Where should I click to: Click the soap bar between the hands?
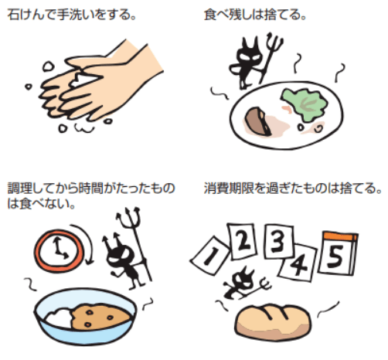(81, 80)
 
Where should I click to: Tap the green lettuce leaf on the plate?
(305, 104)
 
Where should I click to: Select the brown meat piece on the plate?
(257, 121)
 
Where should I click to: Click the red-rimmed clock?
(59, 250)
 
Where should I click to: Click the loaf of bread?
(273, 322)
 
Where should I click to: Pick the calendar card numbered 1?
(210, 255)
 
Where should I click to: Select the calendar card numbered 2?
(242, 240)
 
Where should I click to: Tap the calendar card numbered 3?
(279, 241)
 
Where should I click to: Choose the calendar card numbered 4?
(299, 263)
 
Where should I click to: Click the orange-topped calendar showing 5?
(338, 253)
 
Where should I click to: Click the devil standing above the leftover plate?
(248, 63)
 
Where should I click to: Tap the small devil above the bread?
(241, 284)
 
